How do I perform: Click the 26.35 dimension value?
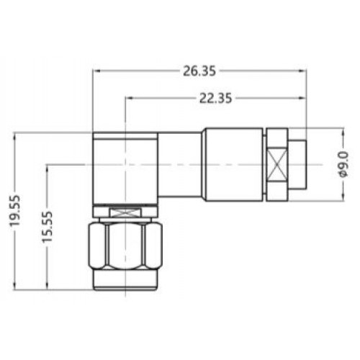(x=199, y=71)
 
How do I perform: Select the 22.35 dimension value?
(x=216, y=98)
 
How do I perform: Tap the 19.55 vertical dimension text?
(x=15, y=211)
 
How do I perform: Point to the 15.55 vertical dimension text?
(x=47, y=227)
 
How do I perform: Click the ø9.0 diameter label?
(x=343, y=165)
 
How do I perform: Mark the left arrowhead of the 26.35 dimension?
(x=96, y=71)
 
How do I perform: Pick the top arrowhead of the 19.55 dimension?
(x=15, y=136)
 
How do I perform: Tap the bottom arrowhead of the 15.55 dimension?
(x=48, y=287)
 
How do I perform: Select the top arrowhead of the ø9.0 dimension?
(x=343, y=131)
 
